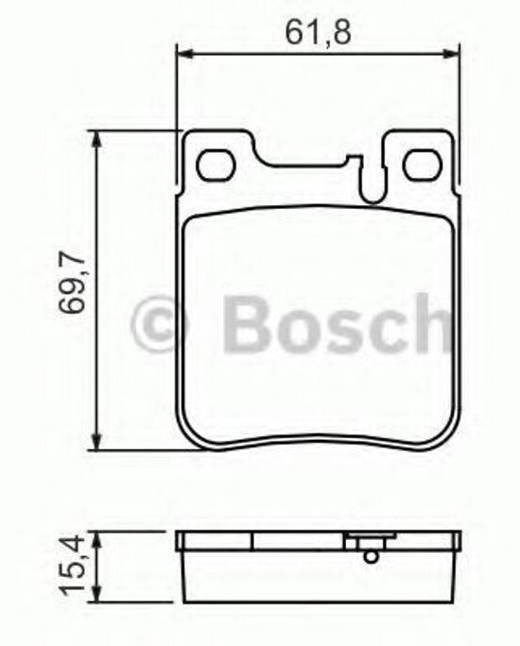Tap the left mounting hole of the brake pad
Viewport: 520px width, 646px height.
coord(215,165)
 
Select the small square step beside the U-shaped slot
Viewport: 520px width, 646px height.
coord(354,162)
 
